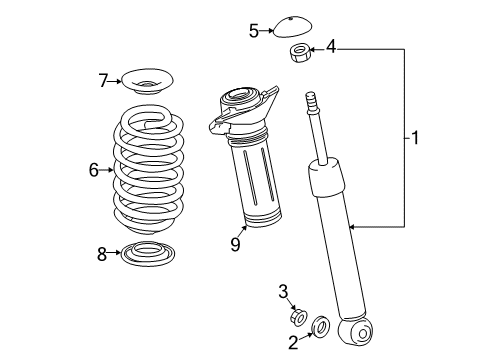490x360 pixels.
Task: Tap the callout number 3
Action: [283, 291]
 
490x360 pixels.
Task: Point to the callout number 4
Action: [331, 45]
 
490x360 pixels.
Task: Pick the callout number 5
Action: [254, 31]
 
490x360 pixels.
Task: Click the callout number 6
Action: [94, 170]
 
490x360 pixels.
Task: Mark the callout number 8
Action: [102, 255]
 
